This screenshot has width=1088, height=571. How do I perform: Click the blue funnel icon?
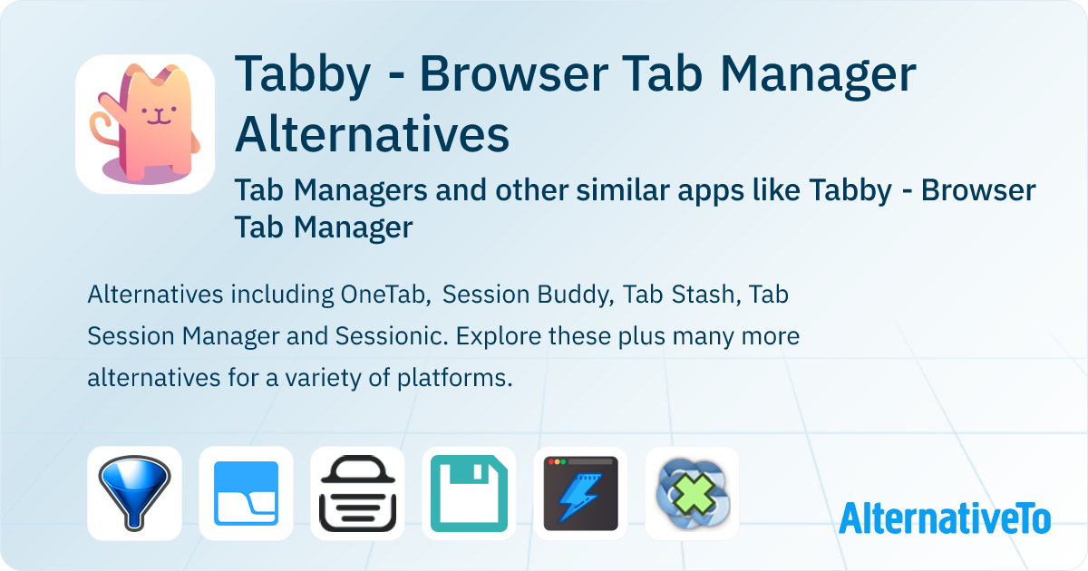[x=134, y=493]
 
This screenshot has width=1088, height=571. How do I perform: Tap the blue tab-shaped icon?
[x=246, y=493]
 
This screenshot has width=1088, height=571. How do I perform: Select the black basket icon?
[x=357, y=493]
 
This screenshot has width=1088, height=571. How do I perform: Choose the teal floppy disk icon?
[x=469, y=493]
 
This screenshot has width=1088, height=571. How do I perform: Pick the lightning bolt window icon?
[x=580, y=493]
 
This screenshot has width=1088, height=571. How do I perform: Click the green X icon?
[x=692, y=493]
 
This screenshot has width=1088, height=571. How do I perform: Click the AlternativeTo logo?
[x=945, y=518]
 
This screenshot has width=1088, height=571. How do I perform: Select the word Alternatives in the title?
[x=372, y=135]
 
